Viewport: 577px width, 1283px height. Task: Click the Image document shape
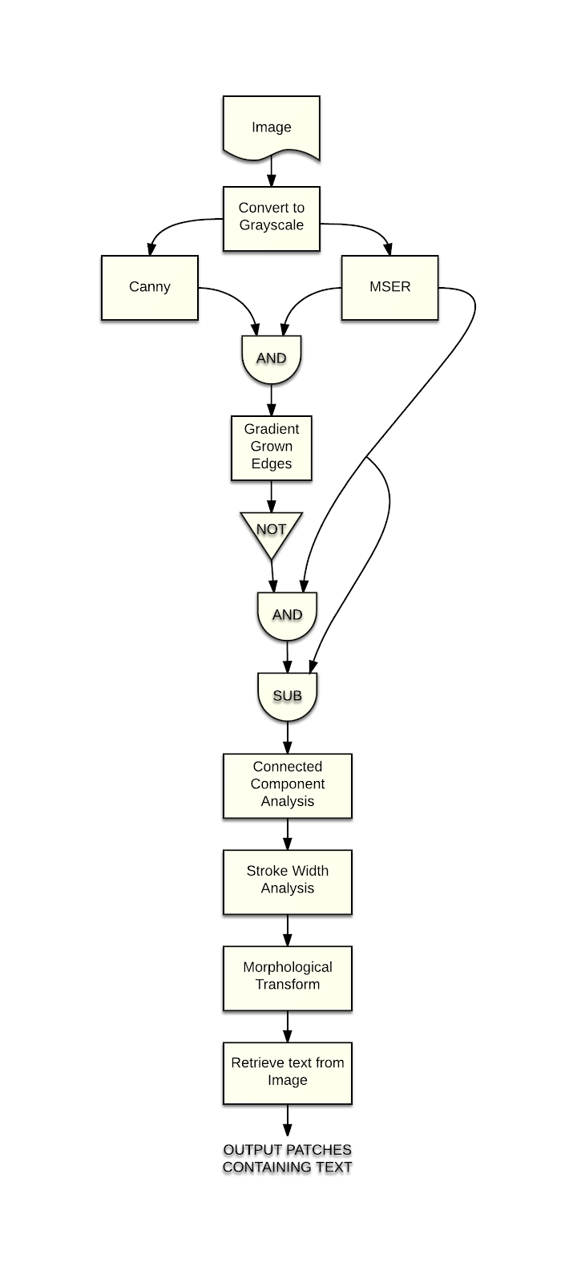click(271, 127)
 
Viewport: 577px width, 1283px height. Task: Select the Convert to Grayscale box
click(271, 217)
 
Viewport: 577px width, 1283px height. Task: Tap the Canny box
click(150, 287)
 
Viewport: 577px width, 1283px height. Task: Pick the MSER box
click(390, 287)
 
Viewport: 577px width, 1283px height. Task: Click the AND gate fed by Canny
click(271, 358)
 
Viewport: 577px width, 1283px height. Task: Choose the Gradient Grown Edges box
click(271, 447)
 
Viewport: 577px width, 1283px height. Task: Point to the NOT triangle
click(271, 532)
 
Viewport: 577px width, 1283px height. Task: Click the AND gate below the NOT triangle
click(287, 615)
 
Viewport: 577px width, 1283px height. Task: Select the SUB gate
click(287, 695)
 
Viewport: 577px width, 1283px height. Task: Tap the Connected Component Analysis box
click(287, 784)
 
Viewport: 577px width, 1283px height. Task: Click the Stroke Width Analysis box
click(287, 880)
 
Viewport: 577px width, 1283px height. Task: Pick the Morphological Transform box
click(287, 977)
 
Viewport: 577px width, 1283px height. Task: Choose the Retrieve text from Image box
click(287, 1072)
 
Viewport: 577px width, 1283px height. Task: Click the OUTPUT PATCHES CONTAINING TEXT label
click(287, 1159)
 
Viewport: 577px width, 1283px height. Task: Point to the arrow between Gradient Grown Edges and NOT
click(271, 496)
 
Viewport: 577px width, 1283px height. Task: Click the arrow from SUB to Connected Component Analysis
click(287, 737)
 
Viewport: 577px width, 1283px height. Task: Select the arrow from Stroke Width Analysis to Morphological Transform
click(287, 930)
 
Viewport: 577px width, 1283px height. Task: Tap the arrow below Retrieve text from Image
click(287, 1120)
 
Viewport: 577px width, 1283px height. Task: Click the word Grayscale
click(271, 225)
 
